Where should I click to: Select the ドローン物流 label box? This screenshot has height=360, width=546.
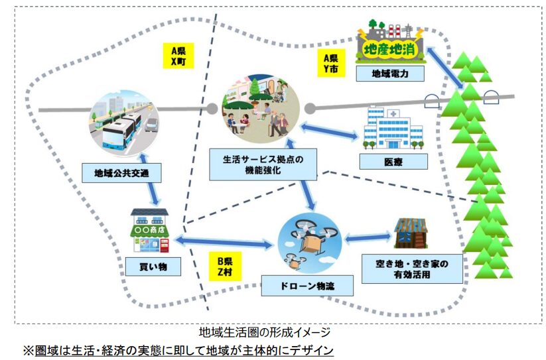tap(307, 286)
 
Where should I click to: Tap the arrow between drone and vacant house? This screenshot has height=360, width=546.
tap(367, 236)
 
